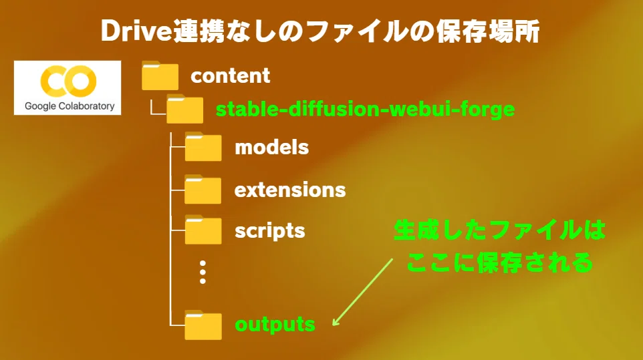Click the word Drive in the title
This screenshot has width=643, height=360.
tap(136, 31)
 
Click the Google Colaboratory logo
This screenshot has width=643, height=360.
tap(68, 87)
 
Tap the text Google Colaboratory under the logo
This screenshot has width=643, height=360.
tap(70, 106)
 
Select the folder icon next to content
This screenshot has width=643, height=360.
tap(160, 75)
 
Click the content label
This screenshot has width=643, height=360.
tap(231, 75)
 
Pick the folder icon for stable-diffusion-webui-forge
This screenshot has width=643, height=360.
tap(184, 109)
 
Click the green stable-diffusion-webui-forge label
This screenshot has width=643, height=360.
tap(365, 110)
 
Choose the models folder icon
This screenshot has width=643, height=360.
tap(203, 147)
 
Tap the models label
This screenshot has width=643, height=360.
tap(271, 148)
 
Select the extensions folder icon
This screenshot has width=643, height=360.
tap(203, 189)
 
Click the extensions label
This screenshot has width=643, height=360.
tap(290, 190)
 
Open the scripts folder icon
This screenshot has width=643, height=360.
tap(203, 230)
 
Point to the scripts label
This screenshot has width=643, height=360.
tap(270, 231)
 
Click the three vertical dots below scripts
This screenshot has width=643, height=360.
tap(203, 273)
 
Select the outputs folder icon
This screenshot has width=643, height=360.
tap(203, 325)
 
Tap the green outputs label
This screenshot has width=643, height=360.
tap(275, 325)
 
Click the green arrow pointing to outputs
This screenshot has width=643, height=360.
tap(362, 292)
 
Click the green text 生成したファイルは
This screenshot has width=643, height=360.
tap(499, 230)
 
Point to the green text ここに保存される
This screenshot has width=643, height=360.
tap(499, 262)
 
